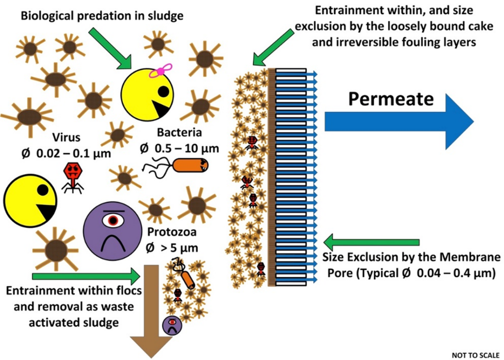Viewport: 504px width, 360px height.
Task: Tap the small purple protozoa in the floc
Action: point(172,325)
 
